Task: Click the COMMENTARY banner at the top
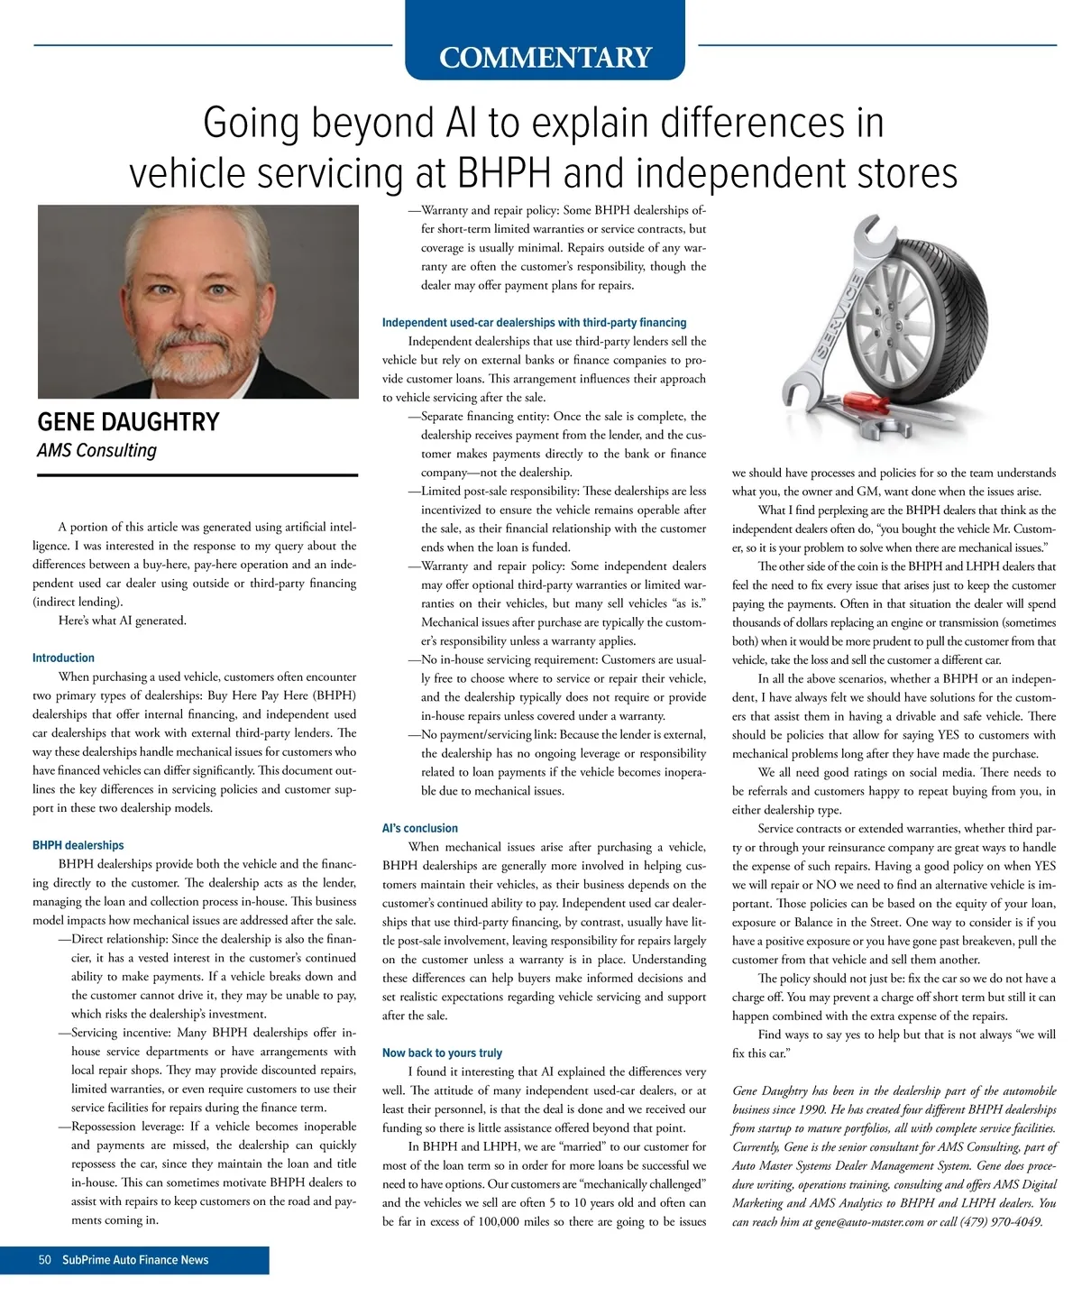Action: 545,57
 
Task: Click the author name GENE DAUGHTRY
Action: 128,422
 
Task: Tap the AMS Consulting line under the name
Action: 96,450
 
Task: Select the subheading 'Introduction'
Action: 63,658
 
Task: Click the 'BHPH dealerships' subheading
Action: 78,845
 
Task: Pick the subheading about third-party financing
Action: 534,322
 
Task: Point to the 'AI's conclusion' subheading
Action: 419,828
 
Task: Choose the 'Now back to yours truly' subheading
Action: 442,1053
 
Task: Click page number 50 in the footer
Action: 45,1260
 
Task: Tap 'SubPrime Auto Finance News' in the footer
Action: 135,1260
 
